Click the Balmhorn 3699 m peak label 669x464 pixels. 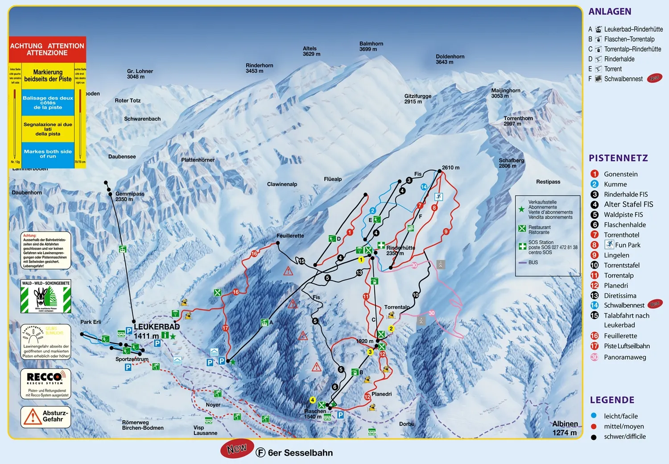pos(371,46)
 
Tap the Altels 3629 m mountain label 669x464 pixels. pos(311,51)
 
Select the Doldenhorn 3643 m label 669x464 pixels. pos(450,59)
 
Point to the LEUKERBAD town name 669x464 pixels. pos(157,327)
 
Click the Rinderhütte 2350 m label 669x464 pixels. pos(400,250)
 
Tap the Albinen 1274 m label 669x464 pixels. pos(565,428)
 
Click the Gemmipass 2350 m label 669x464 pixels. pos(129,196)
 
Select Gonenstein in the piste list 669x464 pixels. pos(620,174)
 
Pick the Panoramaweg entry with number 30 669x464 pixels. pos(624,357)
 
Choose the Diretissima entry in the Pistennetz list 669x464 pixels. pos(619,295)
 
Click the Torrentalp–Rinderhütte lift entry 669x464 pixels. pos(632,49)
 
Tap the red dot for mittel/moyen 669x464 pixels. pos(594,426)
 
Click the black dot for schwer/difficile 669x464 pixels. pos(594,437)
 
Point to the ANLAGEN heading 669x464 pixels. pos(610,12)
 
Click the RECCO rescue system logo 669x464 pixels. pos(45,377)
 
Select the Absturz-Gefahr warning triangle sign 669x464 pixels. pos(33,417)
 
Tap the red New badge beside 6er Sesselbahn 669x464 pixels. pos(237,448)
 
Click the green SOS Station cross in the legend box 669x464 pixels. pos(522,246)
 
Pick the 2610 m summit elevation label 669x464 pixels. pos(450,168)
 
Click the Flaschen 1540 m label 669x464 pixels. pos(315,414)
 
